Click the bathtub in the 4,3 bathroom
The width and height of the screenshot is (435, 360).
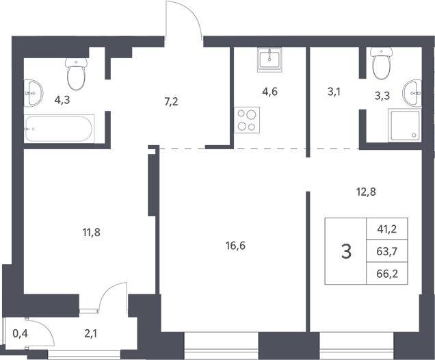pos(59,129)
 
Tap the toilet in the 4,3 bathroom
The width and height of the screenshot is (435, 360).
pos(77,73)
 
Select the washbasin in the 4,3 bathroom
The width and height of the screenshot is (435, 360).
pos(34,93)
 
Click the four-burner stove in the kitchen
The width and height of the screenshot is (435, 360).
pos(247,120)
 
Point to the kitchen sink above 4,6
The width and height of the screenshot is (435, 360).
pos(269,60)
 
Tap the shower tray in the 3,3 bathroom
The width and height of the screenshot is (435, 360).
pos(406,125)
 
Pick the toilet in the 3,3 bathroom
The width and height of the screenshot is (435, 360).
pos(382,63)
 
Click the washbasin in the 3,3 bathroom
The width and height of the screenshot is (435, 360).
pos(412,93)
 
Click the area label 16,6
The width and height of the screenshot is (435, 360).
pos(235,246)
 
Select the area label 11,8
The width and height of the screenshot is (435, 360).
pos(91,232)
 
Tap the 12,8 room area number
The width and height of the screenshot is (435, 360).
pos(366,192)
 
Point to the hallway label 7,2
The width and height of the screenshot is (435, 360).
pos(171,102)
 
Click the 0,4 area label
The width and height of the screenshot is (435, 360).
pos(21,333)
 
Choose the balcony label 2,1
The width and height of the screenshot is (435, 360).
pos(91,334)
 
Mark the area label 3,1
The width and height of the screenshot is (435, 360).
pos(334,92)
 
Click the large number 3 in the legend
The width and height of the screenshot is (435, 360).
pos(347,251)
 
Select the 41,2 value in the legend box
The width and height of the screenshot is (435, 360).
pos(386,229)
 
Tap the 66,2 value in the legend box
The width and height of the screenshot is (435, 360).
pos(387,274)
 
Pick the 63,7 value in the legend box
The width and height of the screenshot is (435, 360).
pos(387,251)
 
